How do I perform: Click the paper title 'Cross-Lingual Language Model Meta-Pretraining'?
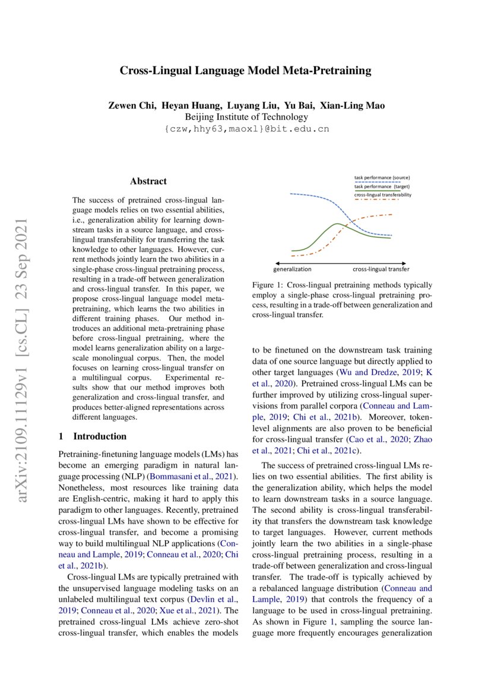[x=245, y=71]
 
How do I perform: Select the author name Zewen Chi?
[x=126, y=106]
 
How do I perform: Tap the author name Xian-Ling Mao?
[x=352, y=106]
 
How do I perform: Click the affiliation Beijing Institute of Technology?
[x=246, y=117]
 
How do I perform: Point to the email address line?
[x=246, y=128]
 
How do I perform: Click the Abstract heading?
[x=148, y=181]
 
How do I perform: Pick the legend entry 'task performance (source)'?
[x=382, y=178]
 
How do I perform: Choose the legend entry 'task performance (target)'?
[x=382, y=186]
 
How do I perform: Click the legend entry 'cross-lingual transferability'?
[x=382, y=194]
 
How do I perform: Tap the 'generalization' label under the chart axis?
[x=293, y=269]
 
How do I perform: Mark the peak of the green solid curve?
[x=337, y=224]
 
